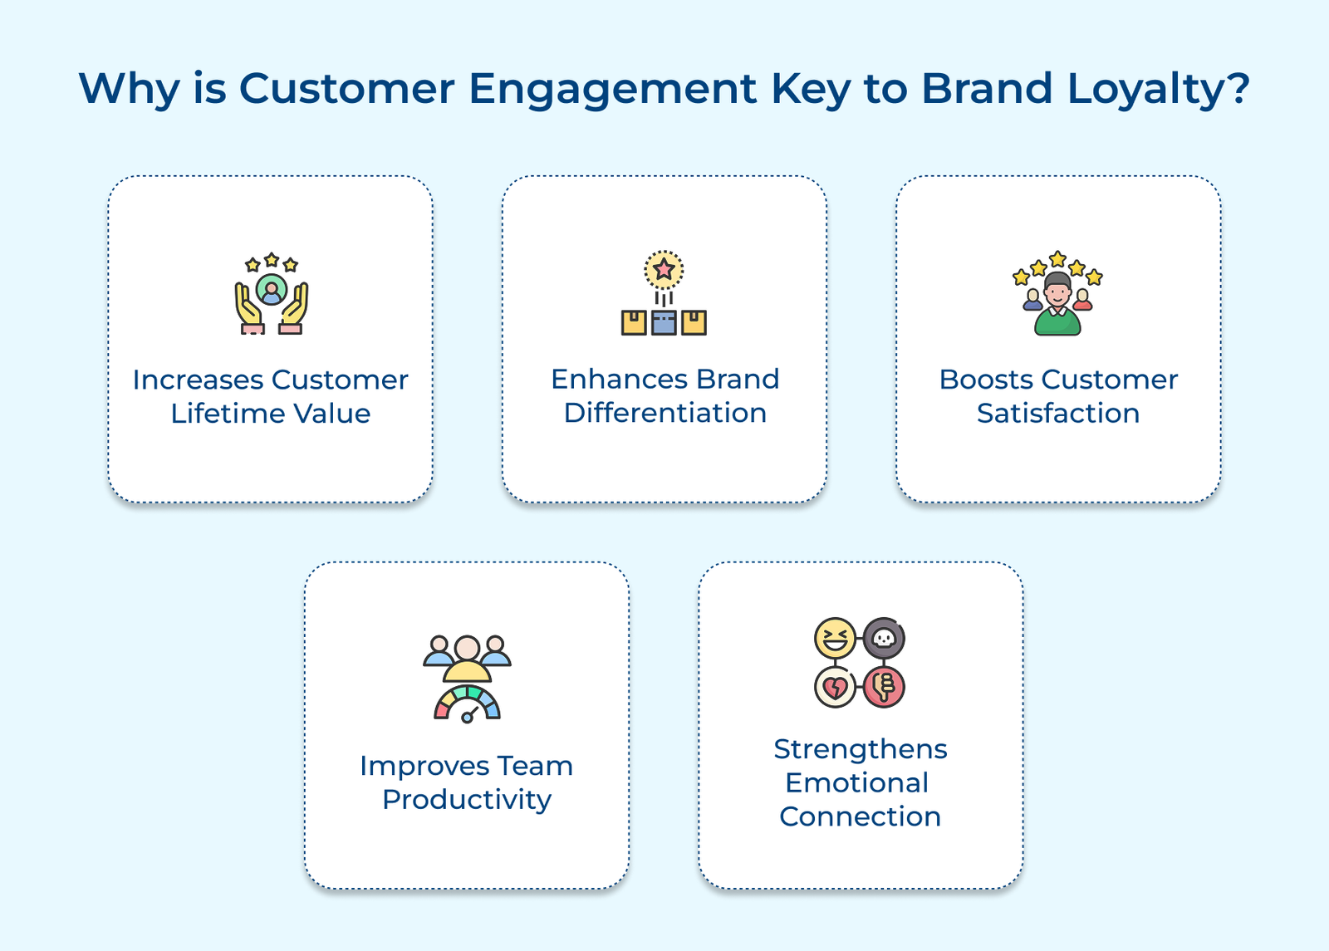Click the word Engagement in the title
[x=612, y=90]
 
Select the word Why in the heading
[x=129, y=88]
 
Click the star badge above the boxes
[x=664, y=270]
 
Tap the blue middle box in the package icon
[x=664, y=322]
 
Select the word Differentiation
[x=664, y=413]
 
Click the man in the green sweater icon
[x=1057, y=306]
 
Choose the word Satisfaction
[x=1057, y=414]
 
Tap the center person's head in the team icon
[x=468, y=647]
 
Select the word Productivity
[x=467, y=800]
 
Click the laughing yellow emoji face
[x=835, y=639]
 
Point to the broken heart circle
[x=835, y=687]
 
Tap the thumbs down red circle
[x=884, y=687]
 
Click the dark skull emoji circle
[x=884, y=639]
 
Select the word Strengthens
[x=860, y=749]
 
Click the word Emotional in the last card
[x=856, y=783]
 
